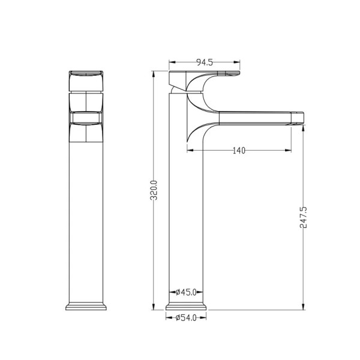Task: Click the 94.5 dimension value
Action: pos(205,62)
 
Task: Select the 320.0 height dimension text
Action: pos(154,190)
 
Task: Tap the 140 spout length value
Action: pos(239,151)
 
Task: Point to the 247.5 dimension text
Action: pos(303,217)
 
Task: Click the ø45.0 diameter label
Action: pos(186,292)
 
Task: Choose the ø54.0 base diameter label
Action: pos(186,318)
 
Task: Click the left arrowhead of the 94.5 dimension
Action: pos(172,62)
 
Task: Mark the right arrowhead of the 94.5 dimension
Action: pos(236,62)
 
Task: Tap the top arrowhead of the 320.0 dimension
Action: pos(154,74)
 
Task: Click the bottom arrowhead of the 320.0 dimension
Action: pos(154,306)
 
